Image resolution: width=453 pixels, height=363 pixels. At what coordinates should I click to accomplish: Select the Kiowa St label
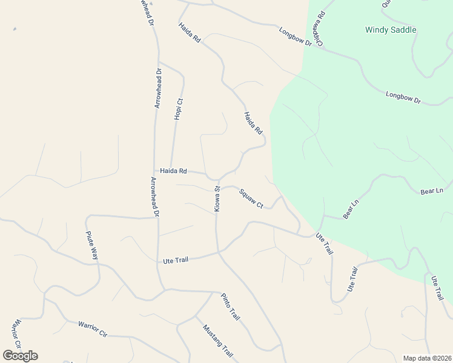pyautogui.click(x=217, y=198)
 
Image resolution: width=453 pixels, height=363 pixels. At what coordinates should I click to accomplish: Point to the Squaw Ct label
pyautogui.click(x=251, y=198)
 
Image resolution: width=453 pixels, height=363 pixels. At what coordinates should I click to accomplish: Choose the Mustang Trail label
pyautogui.click(x=217, y=342)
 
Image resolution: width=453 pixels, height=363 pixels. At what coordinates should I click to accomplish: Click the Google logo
pyautogui.click(x=20, y=356)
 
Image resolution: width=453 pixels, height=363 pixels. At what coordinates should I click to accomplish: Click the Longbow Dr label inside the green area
pyautogui.click(x=403, y=97)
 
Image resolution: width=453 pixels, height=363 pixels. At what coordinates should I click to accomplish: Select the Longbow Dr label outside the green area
pyautogui.click(x=295, y=36)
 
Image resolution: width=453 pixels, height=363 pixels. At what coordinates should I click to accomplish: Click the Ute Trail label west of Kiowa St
pyautogui.click(x=176, y=260)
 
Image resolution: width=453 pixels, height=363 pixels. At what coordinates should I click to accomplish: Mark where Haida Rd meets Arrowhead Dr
pyautogui.click(x=155, y=171)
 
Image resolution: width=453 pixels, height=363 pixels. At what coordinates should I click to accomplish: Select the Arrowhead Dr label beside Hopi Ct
pyautogui.click(x=158, y=88)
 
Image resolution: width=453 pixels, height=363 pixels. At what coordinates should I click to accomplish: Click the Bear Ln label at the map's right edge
pyautogui.click(x=432, y=191)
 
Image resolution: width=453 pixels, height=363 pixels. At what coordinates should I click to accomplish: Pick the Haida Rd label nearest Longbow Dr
pyautogui.click(x=190, y=33)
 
